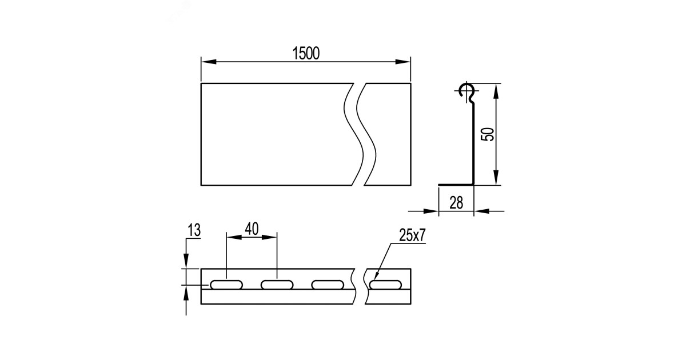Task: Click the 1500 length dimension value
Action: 306,53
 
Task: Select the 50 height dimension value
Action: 488,134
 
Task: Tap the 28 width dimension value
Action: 456,203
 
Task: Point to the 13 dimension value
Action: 194,230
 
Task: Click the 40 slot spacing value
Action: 252,229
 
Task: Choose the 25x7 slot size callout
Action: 412,235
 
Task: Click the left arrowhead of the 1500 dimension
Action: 209,62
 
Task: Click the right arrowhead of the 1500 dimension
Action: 402,62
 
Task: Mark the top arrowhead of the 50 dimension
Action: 496,91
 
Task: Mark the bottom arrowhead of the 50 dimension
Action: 496,178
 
